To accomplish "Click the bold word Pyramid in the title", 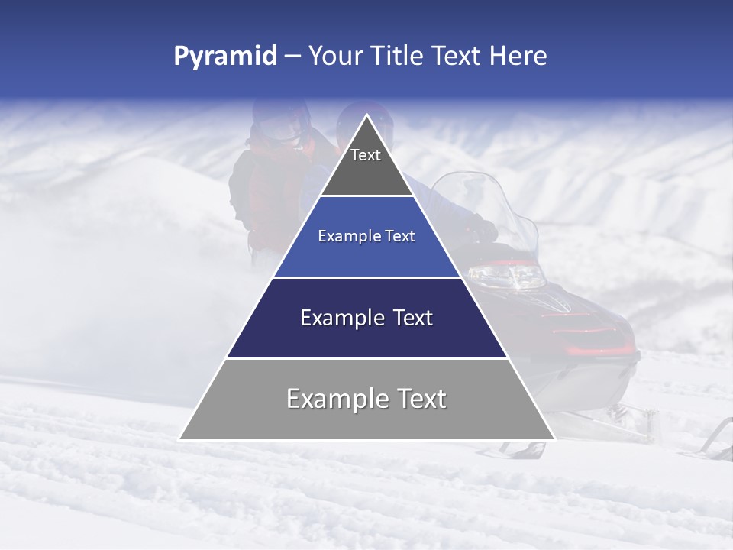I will (225, 57).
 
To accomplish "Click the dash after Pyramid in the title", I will (292, 57).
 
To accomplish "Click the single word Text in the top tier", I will (366, 155).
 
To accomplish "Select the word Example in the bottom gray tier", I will (334, 399).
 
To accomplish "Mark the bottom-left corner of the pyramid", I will (180, 439).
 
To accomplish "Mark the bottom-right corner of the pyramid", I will (554, 439).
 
